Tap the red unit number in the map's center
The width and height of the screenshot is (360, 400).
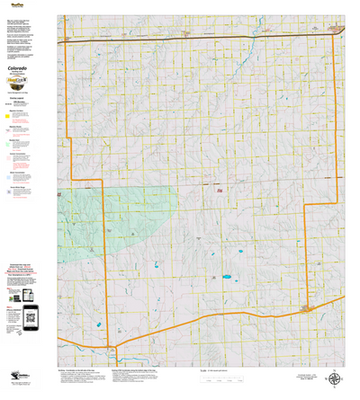click(219, 190)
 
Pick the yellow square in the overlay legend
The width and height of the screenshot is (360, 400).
click(9, 115)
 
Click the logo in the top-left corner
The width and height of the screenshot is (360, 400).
click(13, 4)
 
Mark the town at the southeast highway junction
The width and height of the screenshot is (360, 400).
click(309, 308)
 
